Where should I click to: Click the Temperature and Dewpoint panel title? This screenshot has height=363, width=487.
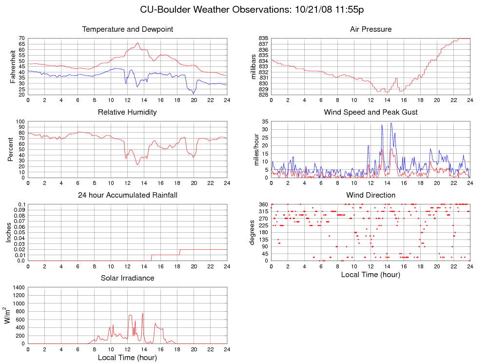[128, 29]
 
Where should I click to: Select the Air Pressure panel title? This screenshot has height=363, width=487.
[370, 29]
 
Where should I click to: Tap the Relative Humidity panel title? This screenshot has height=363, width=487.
[127, 112]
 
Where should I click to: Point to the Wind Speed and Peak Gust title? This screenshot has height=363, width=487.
[370, 112]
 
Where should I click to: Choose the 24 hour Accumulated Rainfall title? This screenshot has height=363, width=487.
[127, 195]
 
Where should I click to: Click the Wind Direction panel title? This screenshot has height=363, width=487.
[370, 195]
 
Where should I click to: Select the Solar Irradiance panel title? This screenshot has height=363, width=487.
[127, 278]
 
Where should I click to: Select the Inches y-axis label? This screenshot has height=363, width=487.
[8, 232]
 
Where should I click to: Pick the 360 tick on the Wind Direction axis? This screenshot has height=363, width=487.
[263, 204]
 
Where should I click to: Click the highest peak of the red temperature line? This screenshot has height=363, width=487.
[138, 43]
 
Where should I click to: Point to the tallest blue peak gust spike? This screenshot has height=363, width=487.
[391, 123]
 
